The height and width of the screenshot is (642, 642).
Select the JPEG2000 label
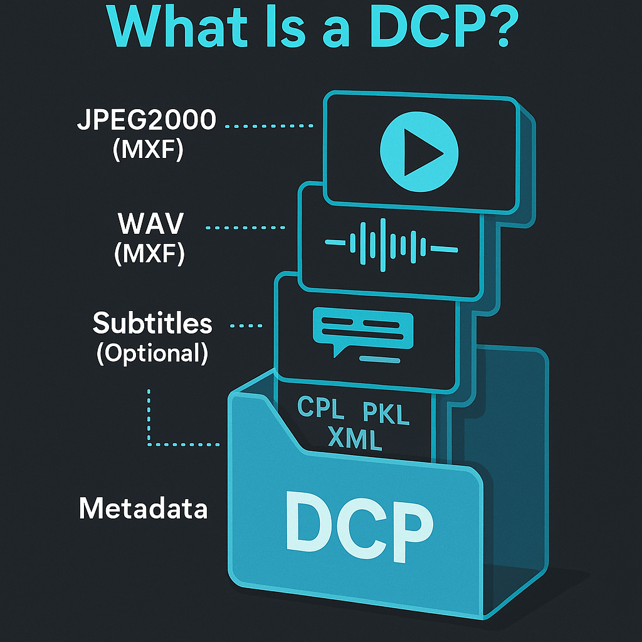click(146, 120)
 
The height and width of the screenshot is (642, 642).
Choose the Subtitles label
click(152, 324)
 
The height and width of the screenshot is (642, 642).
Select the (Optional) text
click(152, 354)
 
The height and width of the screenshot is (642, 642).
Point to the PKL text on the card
click(386, 414)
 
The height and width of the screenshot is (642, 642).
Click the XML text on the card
click(354, 439)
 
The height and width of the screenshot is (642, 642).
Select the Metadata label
click(143, 508)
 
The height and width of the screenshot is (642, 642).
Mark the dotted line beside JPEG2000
click(268, 126)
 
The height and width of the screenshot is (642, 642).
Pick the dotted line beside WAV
click(247, 228)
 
